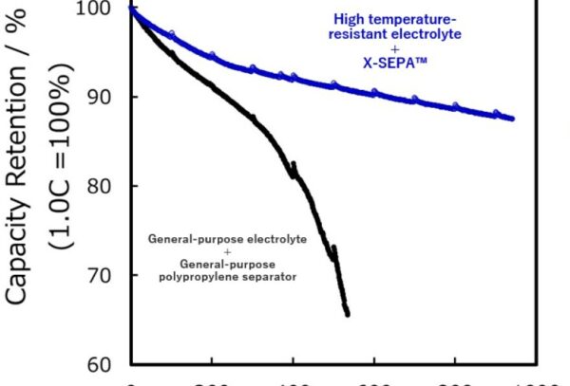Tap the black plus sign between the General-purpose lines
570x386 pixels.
(x=227, y=251)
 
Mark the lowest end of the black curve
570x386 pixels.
(x=348, y=314)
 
